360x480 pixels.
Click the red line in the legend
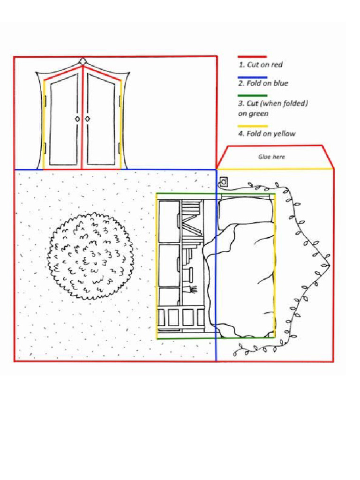tap(252, 57)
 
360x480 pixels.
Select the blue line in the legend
tap(252, 77)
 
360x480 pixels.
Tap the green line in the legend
tap(252, 96)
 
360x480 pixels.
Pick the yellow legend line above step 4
tap(252, 126)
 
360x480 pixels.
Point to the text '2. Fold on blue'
tap(263, 83)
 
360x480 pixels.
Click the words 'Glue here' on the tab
tap(271, 157)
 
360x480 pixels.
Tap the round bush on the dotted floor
tap(90, 256)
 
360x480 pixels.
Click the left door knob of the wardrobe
tap(77, 119)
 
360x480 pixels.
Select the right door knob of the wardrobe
tap(88, 119)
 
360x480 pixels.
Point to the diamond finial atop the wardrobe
tap(83, 61)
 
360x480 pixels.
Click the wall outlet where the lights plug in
tap(224, 180)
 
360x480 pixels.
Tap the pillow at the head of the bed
tap(245, 210)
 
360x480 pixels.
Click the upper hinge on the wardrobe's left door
tap(45, 101)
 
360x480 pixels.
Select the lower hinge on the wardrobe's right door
tap(120, 149)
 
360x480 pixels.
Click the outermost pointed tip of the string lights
tap(330, 265)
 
